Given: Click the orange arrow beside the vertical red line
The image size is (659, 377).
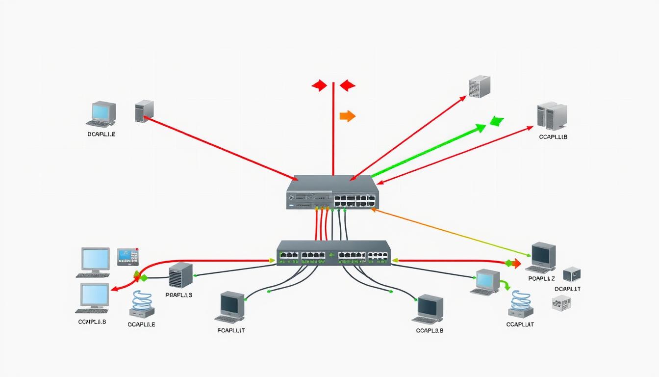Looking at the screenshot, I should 347,116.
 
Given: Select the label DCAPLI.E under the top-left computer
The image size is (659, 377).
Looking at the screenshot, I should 101,134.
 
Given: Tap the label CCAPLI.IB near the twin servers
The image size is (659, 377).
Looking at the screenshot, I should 553,137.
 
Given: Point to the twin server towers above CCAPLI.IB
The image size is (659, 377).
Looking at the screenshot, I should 552,116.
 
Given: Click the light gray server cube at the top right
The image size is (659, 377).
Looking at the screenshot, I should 480,86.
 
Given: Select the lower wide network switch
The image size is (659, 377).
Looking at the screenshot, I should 333,253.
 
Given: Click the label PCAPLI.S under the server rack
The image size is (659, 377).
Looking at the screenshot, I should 179,295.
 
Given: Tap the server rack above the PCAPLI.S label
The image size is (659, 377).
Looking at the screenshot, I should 180,275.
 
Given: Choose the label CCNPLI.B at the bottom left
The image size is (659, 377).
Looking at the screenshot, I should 92,322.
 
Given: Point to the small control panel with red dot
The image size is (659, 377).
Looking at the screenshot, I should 128,257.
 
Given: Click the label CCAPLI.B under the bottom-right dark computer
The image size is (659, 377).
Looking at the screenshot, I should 430,330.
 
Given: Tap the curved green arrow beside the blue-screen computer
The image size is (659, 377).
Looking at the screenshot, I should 506,284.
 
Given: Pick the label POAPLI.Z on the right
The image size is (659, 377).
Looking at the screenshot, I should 541,278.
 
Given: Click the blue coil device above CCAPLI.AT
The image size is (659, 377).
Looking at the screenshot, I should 521,305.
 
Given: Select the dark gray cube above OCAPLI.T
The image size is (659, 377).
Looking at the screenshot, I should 572,274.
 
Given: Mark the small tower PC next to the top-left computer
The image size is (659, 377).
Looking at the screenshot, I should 144,111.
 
